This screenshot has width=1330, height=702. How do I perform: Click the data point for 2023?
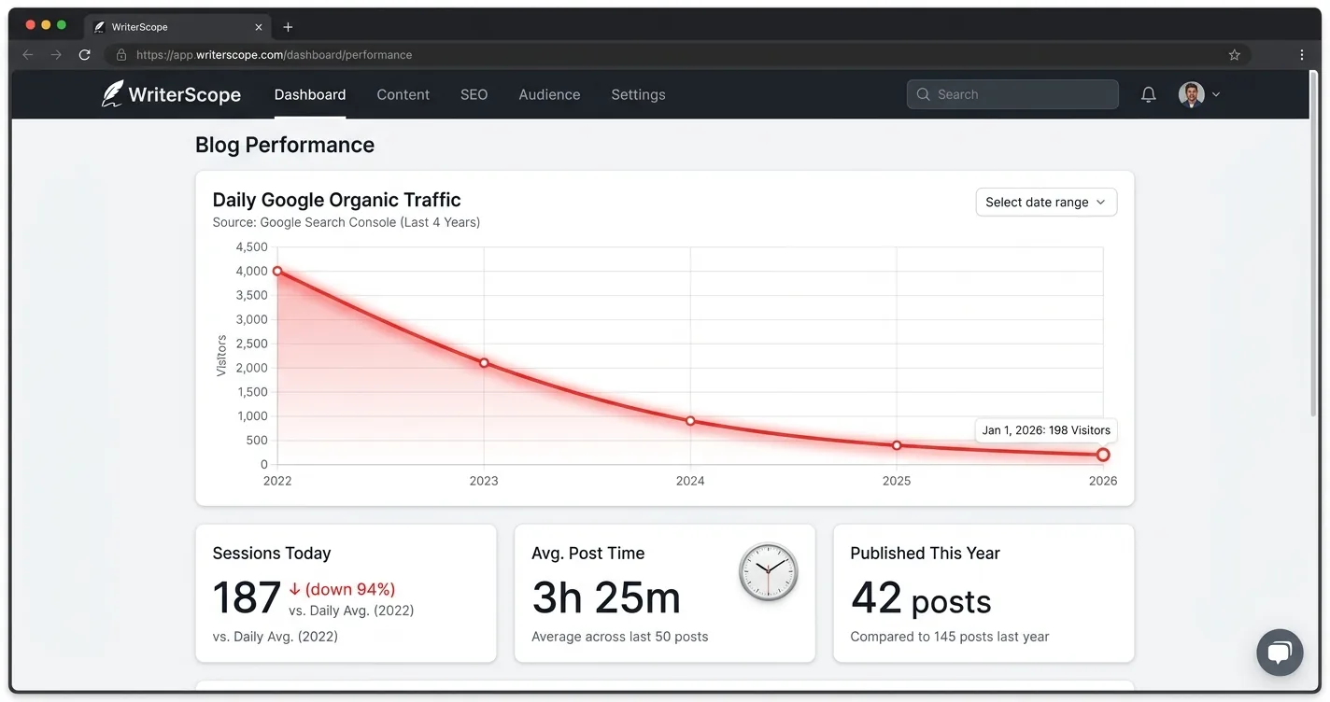click(x=484, y=363)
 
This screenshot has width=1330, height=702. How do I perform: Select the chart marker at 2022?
click(x=277, y=271)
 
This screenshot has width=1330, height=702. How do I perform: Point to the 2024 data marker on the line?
click(x=690, y=421)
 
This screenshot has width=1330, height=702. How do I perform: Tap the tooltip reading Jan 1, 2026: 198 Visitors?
click(x=1045, y=430)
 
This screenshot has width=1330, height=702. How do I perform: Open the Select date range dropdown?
click(x=1045, y=203)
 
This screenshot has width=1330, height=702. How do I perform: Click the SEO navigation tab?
click(x=474, y=94)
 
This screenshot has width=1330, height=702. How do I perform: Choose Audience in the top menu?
click(x=549, y=94)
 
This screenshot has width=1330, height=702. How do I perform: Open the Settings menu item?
click(x=638, y=94)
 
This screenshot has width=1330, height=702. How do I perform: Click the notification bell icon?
click(x=1148, y=94)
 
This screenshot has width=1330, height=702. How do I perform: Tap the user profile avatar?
click(x=1191, y=94)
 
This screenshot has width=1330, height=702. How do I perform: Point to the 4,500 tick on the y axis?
click(x=251, y=247)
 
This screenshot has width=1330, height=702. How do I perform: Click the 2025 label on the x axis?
click(x=897, y=481)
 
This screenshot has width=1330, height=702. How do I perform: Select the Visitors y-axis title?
click(x=221, y=356)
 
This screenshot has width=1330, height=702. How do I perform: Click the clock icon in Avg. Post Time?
click(x=769, y=572)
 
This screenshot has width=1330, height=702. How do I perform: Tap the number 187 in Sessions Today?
click(x=247, y=598)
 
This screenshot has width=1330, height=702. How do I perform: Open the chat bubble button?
click(x=1279, y=653)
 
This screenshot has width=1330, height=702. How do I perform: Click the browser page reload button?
click(x=84, y=55)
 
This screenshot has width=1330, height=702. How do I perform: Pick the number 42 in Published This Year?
click(x=876, y=598)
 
